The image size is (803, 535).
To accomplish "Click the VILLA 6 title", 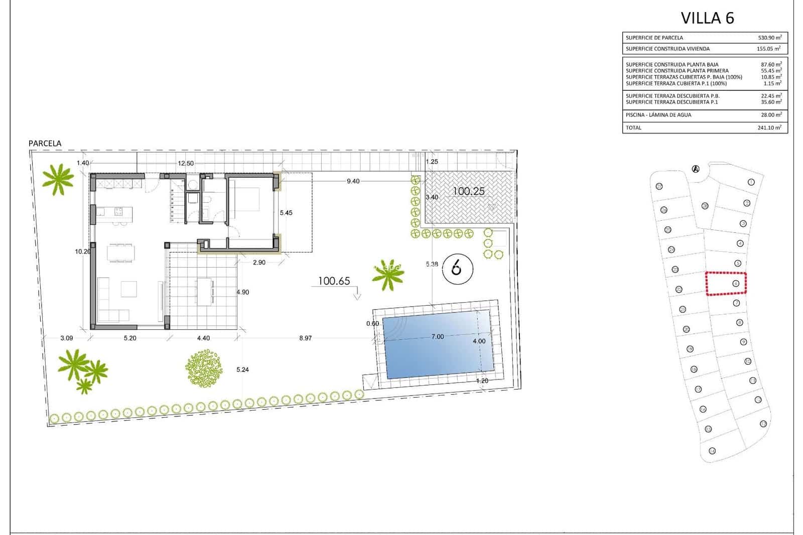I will pos(707,18).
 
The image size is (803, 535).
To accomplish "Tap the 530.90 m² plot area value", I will pos(769,38).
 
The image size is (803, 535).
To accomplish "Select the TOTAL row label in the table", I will pos(633,127).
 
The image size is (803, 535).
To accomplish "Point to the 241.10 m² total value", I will pos(769,127).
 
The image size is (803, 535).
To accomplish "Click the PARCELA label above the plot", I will pos(45,144).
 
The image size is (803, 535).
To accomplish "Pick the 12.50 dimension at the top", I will pos(186,163).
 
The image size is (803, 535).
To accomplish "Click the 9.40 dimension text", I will pos(353,181).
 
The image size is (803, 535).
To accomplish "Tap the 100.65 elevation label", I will pos(334,281).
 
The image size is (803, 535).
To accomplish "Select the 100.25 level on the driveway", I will pos(468,191).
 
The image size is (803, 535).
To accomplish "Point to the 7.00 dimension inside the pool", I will pos(438,337).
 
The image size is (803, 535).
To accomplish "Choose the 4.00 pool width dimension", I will pos(479,341).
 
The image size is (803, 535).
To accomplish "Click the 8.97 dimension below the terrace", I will pos(305,338).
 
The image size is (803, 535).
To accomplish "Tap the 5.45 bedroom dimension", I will pos(286,213).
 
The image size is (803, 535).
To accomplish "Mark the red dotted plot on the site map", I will pos(726,284).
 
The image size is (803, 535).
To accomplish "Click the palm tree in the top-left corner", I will pos(58,178).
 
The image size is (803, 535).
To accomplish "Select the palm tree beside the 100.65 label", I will pos(388,274).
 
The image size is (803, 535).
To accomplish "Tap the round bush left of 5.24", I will pos(204,368).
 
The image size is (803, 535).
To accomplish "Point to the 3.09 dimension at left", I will pos(67,338).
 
